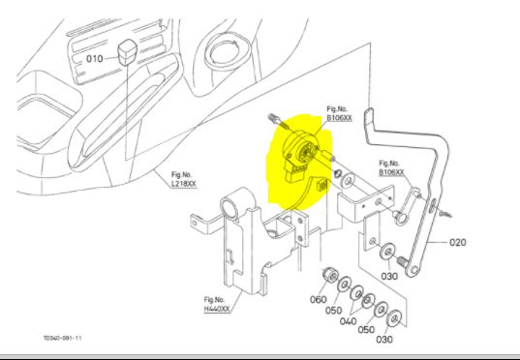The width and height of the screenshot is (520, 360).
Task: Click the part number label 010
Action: (95, 59)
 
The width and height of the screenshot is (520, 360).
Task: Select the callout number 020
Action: (458, 242)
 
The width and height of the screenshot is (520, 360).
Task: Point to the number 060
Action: (318, 299)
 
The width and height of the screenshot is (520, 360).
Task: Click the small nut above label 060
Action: (330, 275)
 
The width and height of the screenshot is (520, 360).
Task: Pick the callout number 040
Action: (348, 321)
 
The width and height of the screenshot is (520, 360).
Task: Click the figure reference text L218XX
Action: (184, 184)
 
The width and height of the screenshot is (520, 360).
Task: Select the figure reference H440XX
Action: (217, 309)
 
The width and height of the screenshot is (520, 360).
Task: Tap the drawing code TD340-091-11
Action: (62, 338)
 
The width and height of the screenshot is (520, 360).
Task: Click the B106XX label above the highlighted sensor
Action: (339, 118)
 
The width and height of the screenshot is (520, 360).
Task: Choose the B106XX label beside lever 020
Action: (391, 172)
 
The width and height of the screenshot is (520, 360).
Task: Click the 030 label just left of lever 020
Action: (389, 276)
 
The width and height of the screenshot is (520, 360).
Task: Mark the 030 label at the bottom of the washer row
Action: (384, 339)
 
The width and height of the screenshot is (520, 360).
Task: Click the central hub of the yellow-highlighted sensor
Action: (303, 153)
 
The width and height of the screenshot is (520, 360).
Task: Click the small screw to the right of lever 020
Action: (445, 214)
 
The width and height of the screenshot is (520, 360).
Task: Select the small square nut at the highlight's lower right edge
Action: (322, 185)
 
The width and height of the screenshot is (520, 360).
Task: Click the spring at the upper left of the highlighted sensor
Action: (274, 118)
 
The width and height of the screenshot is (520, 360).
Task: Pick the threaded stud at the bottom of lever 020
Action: (402, 261)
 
